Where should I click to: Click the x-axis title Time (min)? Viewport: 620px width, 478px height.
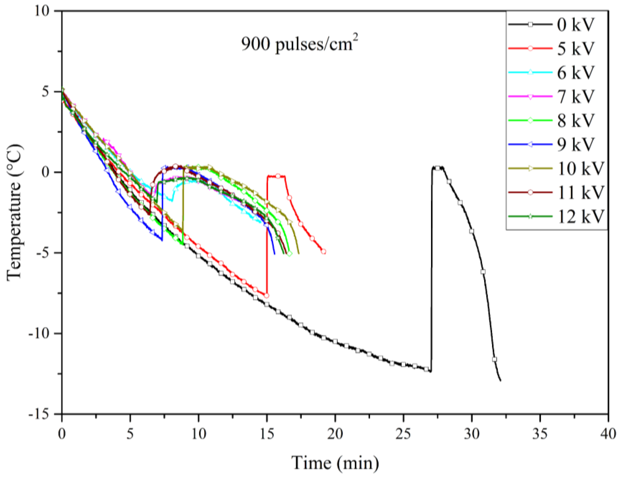335,463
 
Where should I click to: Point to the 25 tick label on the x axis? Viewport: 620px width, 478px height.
403,434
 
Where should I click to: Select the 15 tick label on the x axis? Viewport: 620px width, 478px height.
267,434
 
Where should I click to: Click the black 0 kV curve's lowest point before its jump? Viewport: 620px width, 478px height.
431,371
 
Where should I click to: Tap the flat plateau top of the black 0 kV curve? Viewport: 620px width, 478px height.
437,168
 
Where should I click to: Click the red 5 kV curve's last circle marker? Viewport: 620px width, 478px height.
323,252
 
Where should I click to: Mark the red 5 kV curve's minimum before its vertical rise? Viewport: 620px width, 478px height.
267,296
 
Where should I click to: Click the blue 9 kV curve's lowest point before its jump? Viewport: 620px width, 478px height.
162,241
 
